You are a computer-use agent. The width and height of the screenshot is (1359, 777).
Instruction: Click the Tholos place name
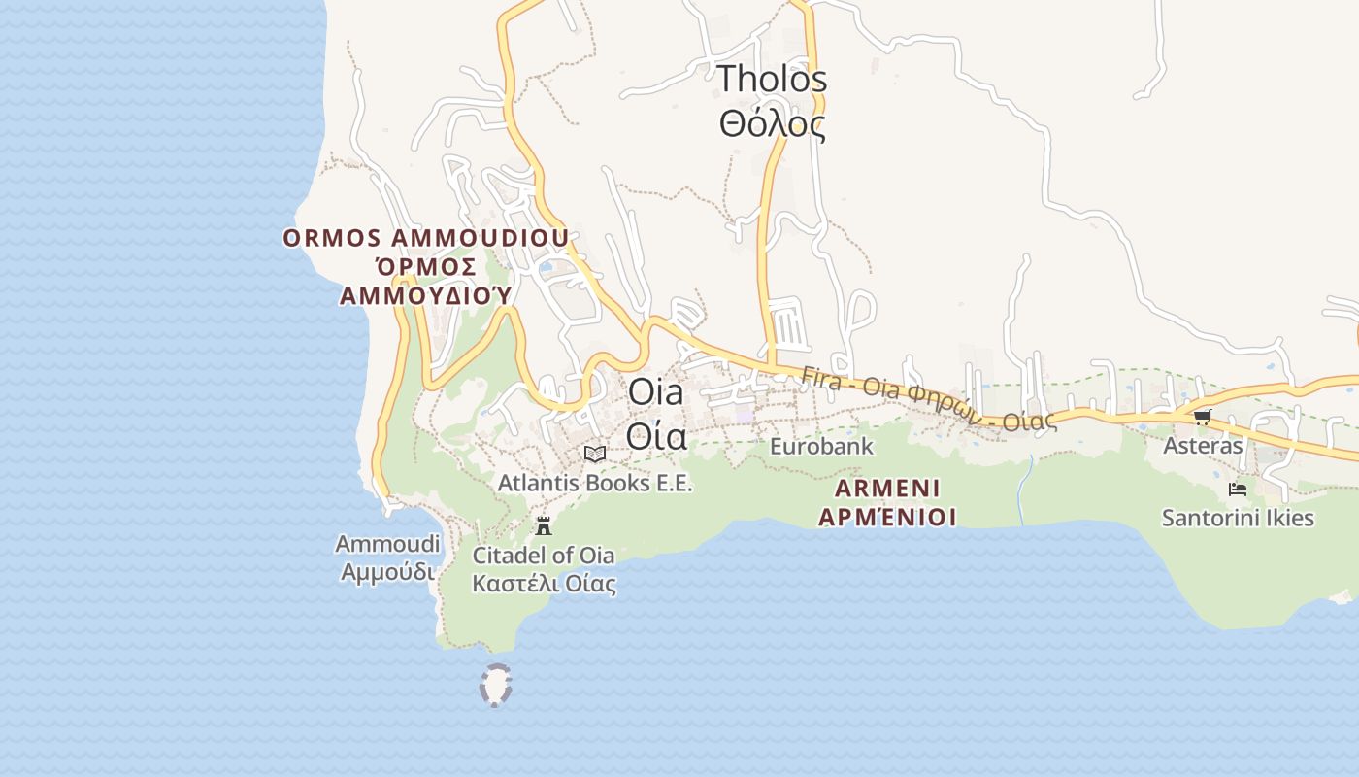[x=772, y=79]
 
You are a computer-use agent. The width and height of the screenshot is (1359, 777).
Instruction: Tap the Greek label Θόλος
[x=772, y=124]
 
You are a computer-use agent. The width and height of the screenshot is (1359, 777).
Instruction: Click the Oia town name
[x=655, y=392]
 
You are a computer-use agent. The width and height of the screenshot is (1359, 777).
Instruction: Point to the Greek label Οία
[x=655, y=436]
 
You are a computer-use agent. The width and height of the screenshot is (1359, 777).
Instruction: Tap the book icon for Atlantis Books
[x=595, y=454]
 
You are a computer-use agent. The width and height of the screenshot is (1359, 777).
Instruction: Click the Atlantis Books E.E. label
[x=595, y=483]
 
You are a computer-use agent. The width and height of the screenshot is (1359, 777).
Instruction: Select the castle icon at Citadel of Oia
[x=544, y=526]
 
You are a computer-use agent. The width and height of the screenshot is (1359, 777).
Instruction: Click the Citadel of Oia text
[x=544, y=556]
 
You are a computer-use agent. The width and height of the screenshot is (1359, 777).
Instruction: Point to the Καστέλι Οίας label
[x=544, y=585]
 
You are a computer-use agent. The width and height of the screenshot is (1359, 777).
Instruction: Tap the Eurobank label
[x=821, y=447]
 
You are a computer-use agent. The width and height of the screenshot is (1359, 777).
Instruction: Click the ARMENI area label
[x=887, y=489]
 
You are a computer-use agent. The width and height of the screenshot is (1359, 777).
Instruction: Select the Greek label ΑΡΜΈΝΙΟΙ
[x=887, y=517]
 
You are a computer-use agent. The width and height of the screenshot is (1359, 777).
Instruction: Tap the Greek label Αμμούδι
[x=387, y=572]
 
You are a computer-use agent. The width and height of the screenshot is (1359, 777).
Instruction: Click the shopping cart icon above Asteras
[x=1203, y=418]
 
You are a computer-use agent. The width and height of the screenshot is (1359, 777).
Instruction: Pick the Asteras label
[x=1203, y=446]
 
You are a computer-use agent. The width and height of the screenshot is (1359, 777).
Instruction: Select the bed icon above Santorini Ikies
[x=1238, y=489]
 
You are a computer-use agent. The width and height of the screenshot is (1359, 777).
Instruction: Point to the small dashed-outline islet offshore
[x=496, y=685]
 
